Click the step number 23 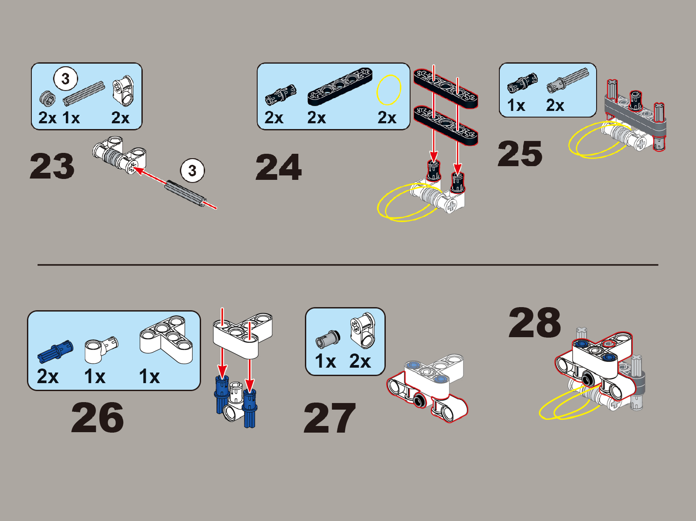(x=52, y=166)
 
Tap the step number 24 (x=278, y=167)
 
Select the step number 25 (x=520, y=154)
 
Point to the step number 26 (x=97, y=417)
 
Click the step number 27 (x=330, y=418)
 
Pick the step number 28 (x=535, y=323)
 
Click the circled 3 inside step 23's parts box (x=65, y=79)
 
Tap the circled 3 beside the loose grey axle (x=192, y=171)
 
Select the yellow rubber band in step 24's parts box (x=389, y=90)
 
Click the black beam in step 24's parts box (x=340, y=86)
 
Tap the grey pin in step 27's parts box (x=328, y=338)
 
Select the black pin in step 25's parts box (x=522, y=84)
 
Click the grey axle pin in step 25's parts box (x=567, y=80)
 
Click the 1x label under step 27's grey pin (x=325, y=361)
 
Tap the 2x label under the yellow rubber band (x=387, y=118)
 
